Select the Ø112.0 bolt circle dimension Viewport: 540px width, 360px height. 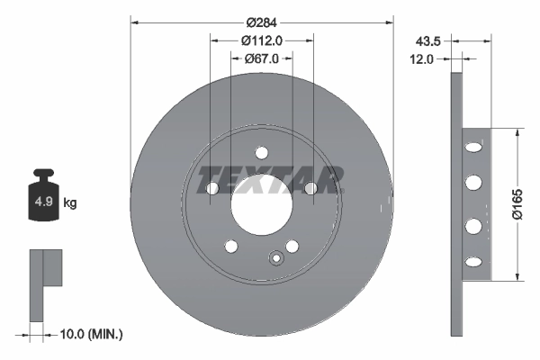(262, 40)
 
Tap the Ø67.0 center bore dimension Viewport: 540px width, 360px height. (262, 58)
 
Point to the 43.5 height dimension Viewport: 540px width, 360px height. (428, 40)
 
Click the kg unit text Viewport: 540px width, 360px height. (70, 203)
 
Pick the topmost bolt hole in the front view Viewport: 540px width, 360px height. (262, 151)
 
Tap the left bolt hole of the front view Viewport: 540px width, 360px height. (212, 189)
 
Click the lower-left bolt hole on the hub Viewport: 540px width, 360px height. (231, 246)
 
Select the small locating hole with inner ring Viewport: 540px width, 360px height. (277, 260)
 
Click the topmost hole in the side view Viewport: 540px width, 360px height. (472, 145)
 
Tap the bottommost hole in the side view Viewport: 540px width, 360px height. (472, 262)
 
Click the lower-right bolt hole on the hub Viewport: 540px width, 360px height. (292, 246)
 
